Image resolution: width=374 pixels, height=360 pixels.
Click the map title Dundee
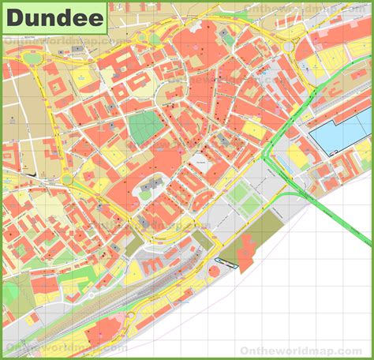(55, 17)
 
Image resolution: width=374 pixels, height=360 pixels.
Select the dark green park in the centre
(144, 128)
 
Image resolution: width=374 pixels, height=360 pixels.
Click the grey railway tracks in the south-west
(95, 292)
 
